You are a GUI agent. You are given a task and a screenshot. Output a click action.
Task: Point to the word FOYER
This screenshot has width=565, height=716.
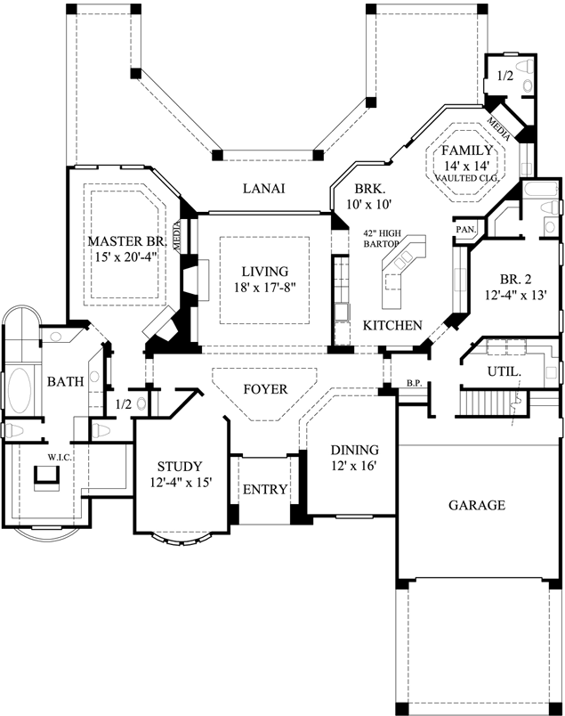click(264, 389)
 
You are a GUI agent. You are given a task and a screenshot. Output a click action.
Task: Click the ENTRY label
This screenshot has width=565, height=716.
click(265, 489)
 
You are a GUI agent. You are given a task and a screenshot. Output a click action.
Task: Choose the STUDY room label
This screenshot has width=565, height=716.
click(180, 466)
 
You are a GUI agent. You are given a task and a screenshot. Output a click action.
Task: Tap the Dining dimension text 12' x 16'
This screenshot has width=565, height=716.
click(354, 467)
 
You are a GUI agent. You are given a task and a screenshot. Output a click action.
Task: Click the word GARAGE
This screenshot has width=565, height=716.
click(476, 505)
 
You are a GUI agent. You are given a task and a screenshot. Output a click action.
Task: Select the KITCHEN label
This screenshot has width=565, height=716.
click(392, 326)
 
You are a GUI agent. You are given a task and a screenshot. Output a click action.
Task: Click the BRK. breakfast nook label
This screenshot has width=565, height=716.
click(368, 189)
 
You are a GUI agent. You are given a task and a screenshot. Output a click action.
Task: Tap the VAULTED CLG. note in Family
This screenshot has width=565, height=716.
click(468, 178)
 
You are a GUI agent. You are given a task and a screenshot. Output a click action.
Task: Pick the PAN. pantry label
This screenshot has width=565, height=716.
click(465, 230)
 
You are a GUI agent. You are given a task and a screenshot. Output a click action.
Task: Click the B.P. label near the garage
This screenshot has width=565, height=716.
click(412, 384)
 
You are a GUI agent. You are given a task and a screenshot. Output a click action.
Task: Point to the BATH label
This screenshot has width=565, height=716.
click(65, 382)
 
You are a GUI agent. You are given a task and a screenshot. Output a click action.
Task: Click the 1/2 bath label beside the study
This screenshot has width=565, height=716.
click(125, 404)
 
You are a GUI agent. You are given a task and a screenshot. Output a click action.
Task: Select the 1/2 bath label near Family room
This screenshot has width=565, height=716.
click(504, 76)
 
